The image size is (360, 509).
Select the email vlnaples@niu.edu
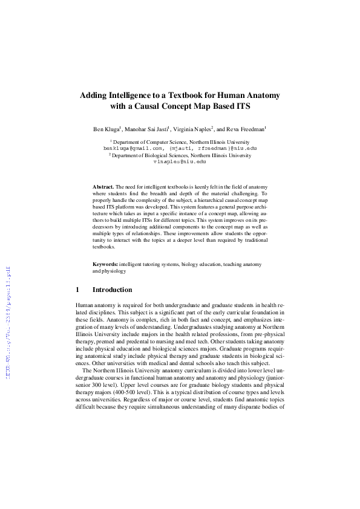(180, 161)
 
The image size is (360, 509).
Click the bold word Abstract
(103, 188)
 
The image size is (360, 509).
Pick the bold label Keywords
(105, 265)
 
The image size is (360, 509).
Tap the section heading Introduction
(112, 290)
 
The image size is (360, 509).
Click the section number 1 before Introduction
(78, 290)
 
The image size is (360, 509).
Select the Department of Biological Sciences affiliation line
(180, 155)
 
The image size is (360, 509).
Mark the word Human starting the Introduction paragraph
(84, 307)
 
